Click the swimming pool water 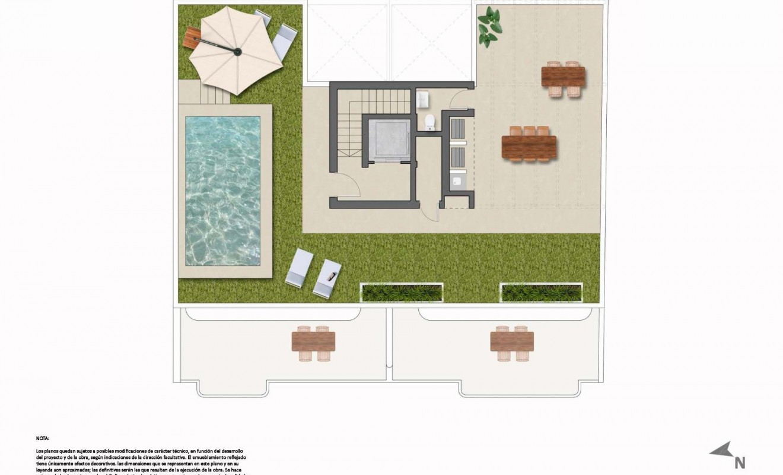pos(222,190)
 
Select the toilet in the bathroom pos(431,122)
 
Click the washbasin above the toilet pos(423,100)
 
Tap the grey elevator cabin pos(389,139)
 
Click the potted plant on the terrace pos(489,27)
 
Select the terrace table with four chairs pos(563,77)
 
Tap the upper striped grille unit pos(458,129)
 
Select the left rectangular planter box pos(402,292)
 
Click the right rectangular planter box pos(541,292)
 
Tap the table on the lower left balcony pos(313,342)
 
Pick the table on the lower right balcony pos(512,342)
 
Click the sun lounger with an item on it pos(328,278)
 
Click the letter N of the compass pos(740,463)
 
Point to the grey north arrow pos(721,450)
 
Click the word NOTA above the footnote pos(42,438)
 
